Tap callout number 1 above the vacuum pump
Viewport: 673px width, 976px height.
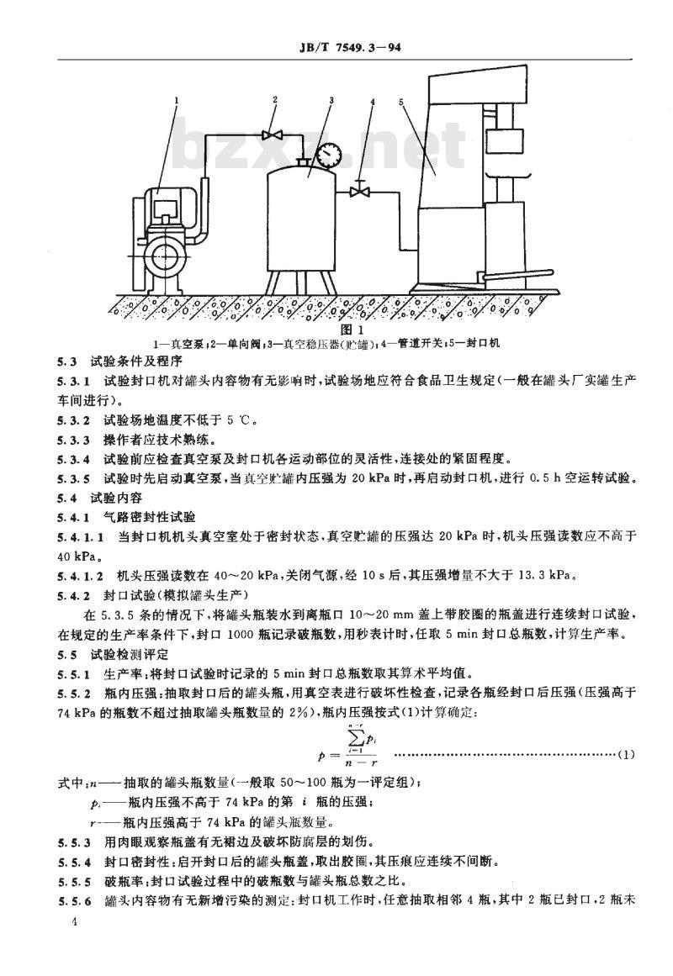coord(177,99)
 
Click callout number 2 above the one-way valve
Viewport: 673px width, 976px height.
coord(275,99)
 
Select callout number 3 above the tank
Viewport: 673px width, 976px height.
coord(332,99)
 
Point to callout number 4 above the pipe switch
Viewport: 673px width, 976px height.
coord(373,101)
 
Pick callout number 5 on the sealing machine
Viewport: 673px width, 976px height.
coord(402,101)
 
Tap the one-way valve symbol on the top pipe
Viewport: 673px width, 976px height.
coord(272,134)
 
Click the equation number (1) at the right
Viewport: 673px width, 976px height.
coord(626,754)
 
